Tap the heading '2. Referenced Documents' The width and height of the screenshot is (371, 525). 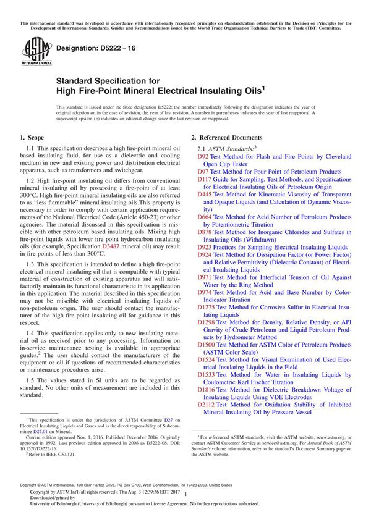226,137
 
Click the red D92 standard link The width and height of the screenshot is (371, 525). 203,157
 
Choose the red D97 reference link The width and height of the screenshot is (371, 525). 203,172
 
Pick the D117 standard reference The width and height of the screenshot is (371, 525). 204,179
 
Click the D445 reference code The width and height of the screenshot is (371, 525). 204,194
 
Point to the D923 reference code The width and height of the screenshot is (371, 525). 204,246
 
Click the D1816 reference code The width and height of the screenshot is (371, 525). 206,389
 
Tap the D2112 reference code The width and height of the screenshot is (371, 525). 206,404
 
